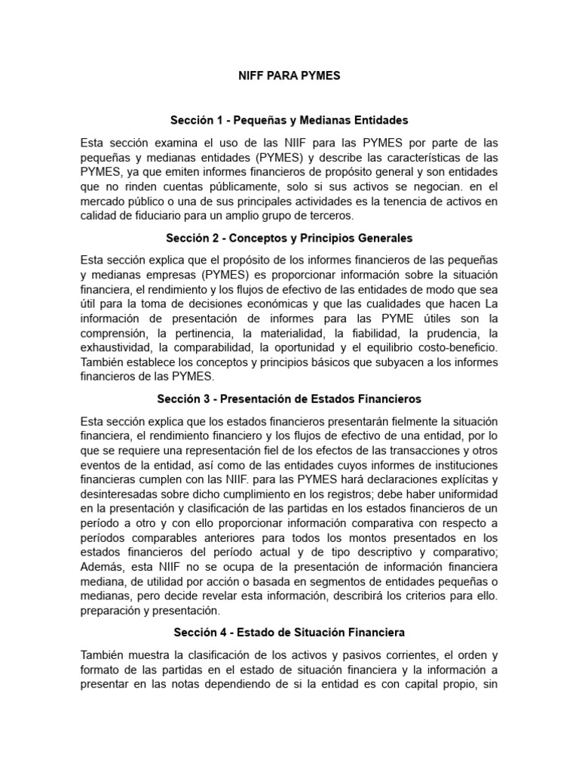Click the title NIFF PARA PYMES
pos(289,75)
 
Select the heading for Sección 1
pos(289,119)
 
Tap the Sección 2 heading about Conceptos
pos(289,238)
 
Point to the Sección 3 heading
pos(289,399)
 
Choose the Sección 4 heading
pos(289,632)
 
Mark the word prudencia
pos(449,332)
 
